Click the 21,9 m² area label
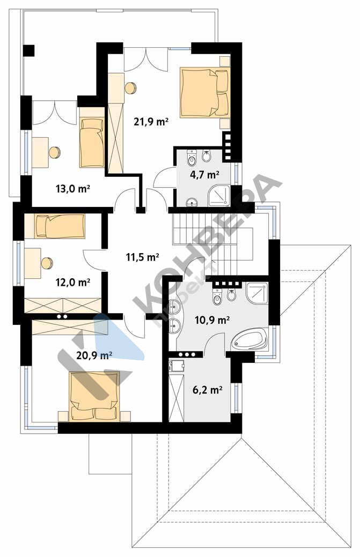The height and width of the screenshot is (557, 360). point(151,122)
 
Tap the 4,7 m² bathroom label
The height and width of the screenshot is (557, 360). point(204,174)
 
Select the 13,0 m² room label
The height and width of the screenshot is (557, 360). point(72,188)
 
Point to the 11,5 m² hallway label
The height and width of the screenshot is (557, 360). point(142,256)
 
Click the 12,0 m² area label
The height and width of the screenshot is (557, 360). point(73,282)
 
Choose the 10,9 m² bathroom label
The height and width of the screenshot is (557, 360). point(212,320)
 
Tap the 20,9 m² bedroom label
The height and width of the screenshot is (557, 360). point(94,355)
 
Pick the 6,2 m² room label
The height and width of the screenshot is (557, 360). point(208,390)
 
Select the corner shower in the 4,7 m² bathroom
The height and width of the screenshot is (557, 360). point(219,195)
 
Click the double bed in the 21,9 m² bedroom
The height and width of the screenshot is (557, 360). point(205,92)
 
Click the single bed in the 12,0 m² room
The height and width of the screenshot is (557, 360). point(60,226)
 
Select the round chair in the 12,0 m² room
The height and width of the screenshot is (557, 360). point(47,263)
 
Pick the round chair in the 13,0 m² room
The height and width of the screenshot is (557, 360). point(55,152)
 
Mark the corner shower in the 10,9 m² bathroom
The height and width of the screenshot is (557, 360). point(256,293)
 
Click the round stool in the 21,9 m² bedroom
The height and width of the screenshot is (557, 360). point(131,88)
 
